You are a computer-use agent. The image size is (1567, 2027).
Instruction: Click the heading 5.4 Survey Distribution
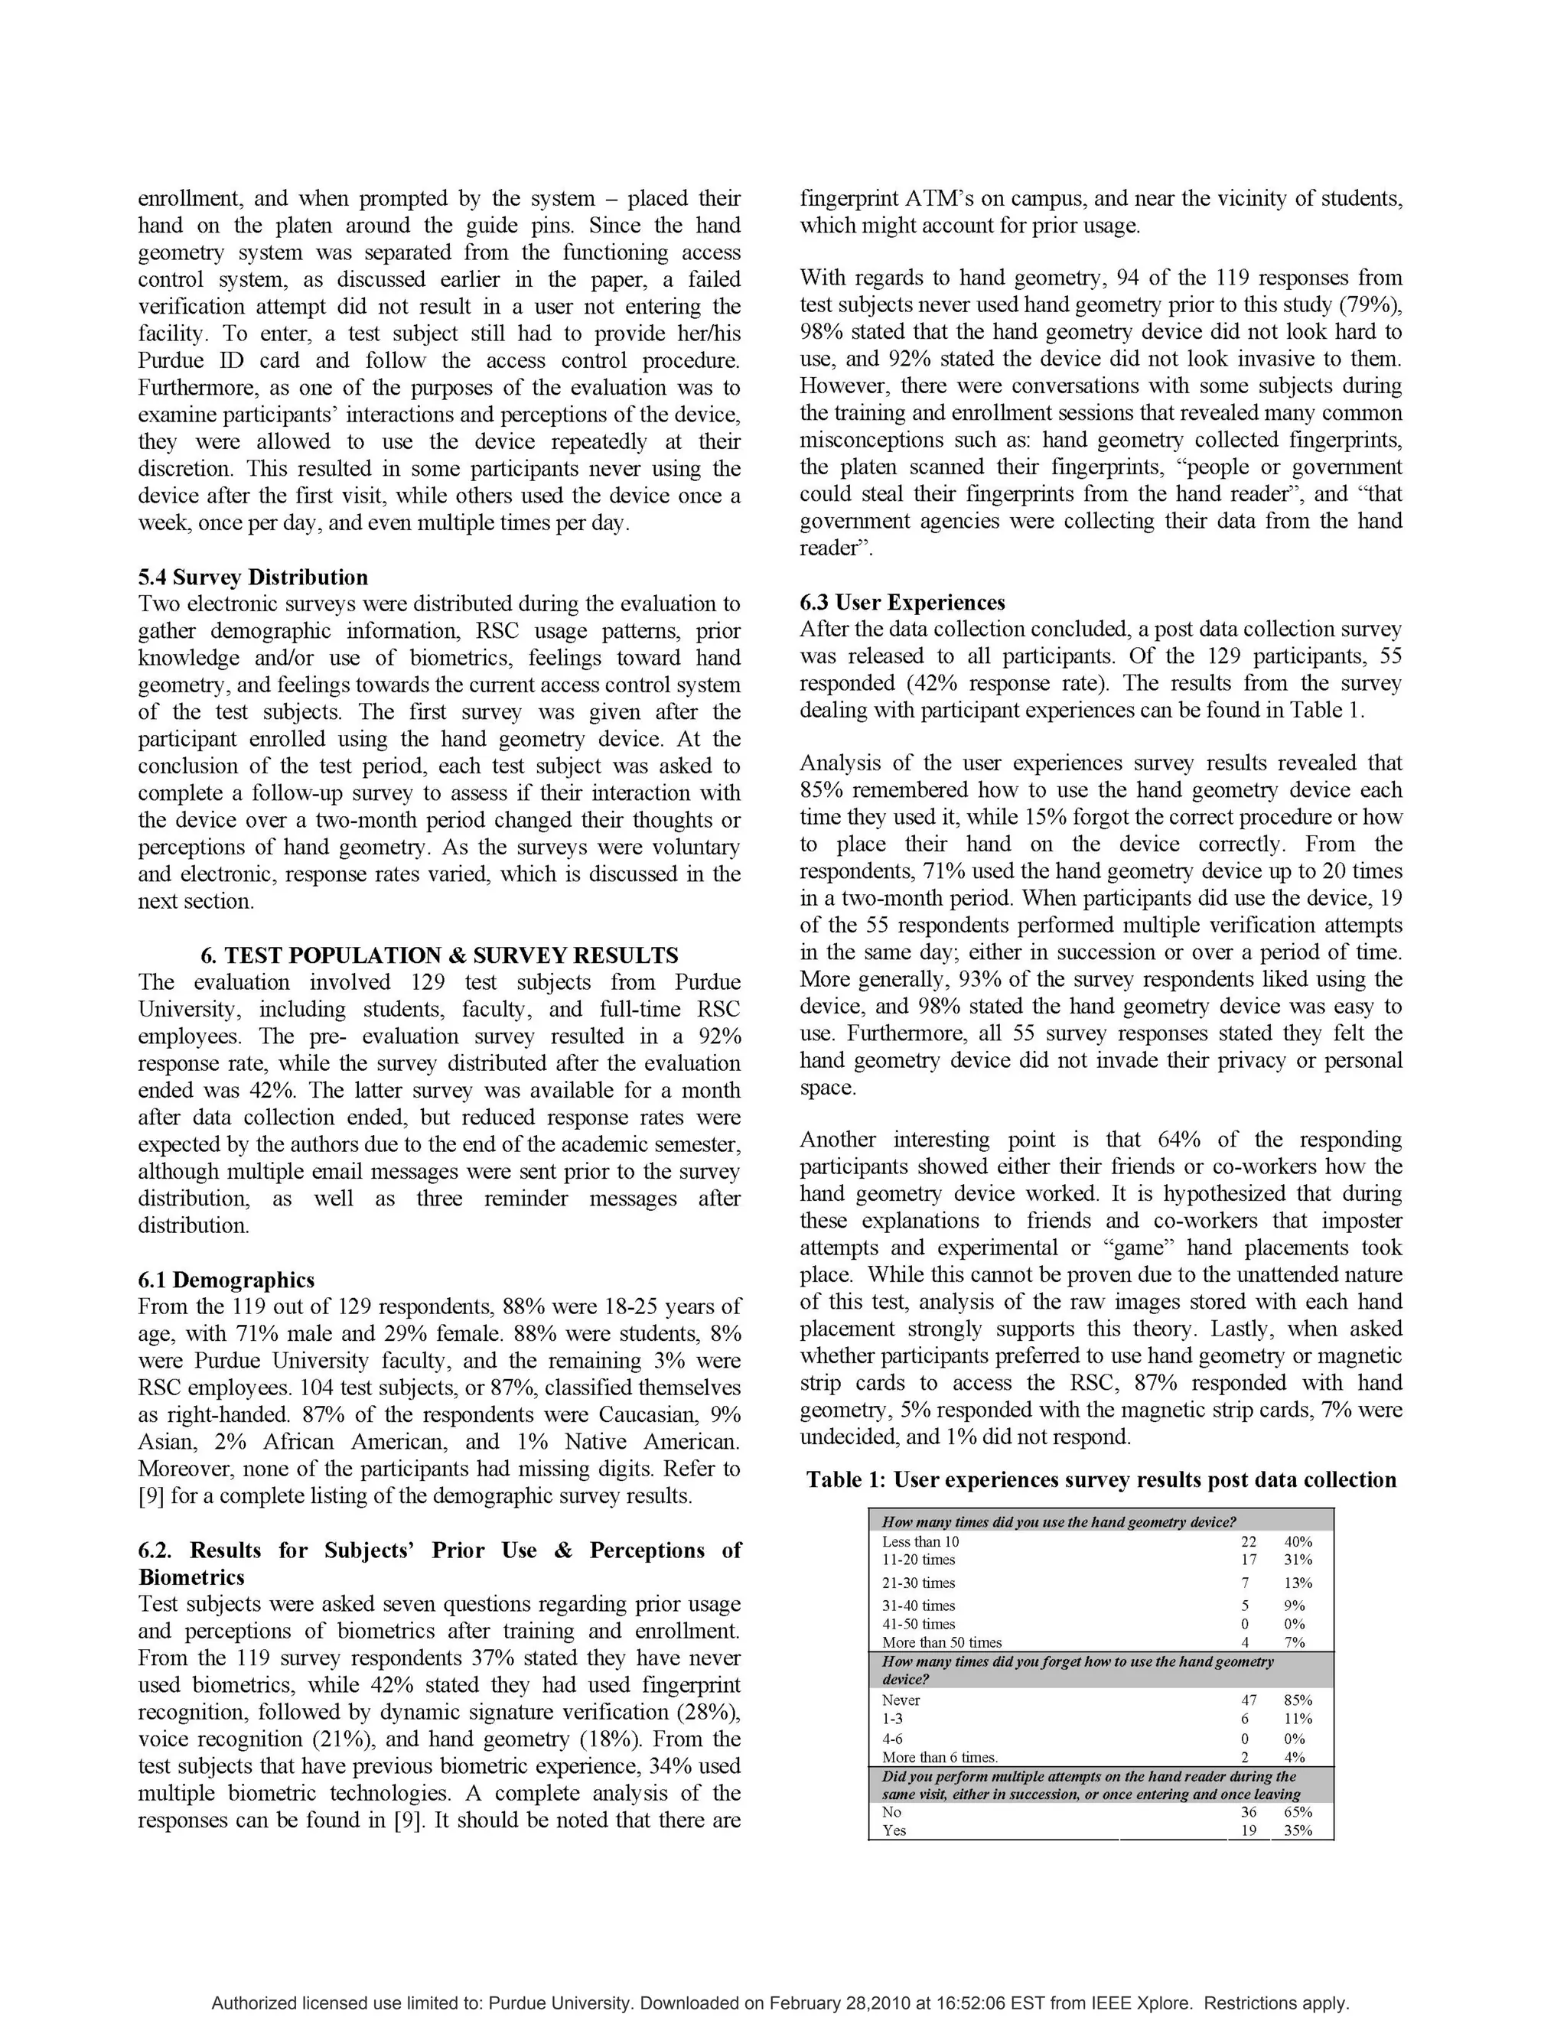point(252,578)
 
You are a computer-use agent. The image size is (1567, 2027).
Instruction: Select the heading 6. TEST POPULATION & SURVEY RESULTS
point(439,955)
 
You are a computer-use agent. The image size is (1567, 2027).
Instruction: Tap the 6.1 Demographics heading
point(226,1280)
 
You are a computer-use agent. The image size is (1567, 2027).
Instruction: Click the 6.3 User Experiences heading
point(902,602)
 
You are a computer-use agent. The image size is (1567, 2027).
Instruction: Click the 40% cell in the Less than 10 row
point(1297,1541)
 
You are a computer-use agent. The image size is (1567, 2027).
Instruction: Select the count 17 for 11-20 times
point(1248,1560)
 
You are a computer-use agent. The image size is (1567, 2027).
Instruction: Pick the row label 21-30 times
point(918,1583)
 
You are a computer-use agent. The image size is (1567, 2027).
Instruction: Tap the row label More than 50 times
point(941,1643)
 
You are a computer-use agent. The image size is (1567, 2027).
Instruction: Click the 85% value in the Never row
point(1297,1700)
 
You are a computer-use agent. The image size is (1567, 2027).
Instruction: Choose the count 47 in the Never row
point(1249,1700)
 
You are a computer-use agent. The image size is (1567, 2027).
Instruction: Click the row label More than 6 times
point(940,1757)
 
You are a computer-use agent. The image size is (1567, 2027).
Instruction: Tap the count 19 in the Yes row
point(1249,1830)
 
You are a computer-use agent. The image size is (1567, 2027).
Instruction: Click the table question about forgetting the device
point(1076,1670)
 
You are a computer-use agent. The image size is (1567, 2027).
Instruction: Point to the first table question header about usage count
point(1058,1522)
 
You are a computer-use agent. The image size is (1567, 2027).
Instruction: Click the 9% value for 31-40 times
point(1294,1606)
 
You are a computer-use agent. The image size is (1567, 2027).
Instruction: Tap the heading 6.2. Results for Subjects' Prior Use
point(439,1551)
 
